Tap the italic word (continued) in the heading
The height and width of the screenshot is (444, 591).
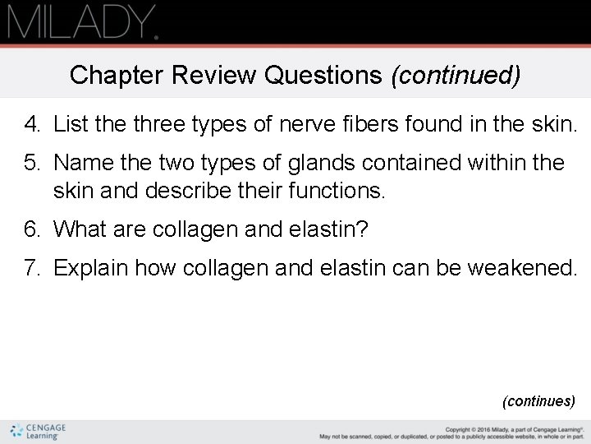point(456,76)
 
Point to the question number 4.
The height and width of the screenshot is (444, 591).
point(32,126)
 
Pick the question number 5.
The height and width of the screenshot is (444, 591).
point(32,163)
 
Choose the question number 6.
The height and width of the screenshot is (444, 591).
point(32,229)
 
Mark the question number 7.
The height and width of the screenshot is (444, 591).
point(32,267)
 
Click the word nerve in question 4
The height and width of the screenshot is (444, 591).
point(304,126)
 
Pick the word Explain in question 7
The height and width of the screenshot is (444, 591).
point(91,267)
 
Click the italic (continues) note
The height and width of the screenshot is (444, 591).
point(538,401)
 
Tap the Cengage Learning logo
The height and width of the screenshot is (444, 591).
point(39,431)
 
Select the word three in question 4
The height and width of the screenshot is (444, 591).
point(151,126)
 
